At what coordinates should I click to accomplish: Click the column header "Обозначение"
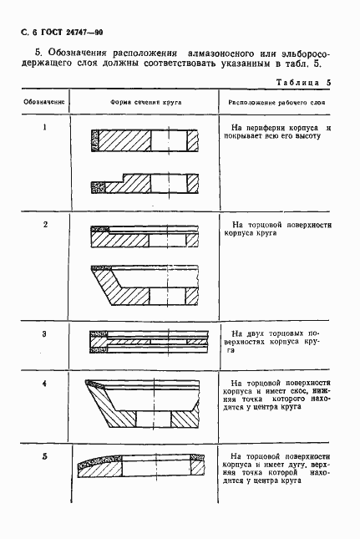[x=43, y=102]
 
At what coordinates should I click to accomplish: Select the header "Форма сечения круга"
[x=147, y=102]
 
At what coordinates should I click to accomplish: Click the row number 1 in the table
[x=43, y=127]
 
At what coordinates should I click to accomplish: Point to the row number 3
[x=43, y=334]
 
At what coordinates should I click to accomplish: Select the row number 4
[x=43, y=384]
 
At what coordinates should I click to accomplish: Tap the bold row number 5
[x=43, y=457]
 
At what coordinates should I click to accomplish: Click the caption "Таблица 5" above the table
[x=303, y=83]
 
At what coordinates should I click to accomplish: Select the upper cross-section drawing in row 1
[x=147, y=140]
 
